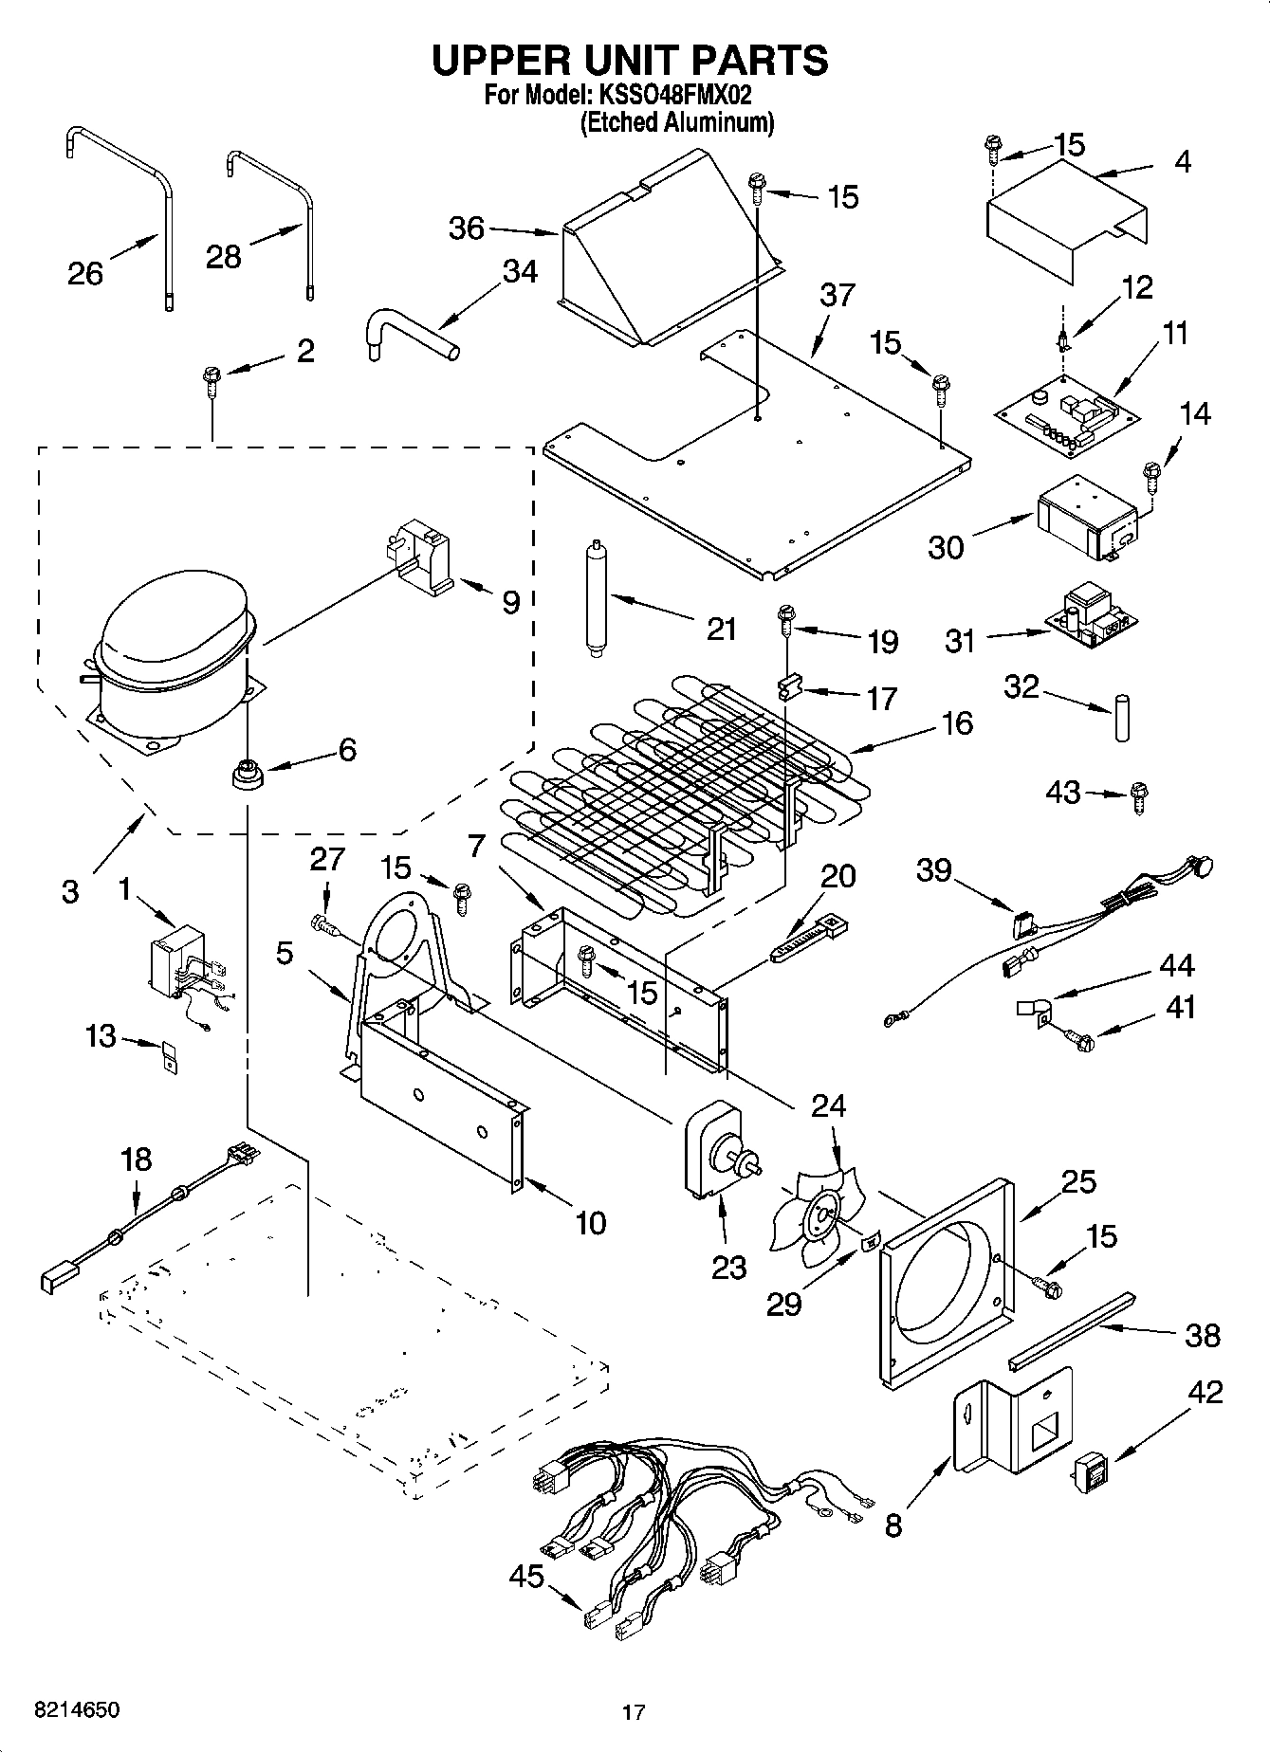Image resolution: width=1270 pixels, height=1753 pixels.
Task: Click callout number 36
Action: click(466, 228)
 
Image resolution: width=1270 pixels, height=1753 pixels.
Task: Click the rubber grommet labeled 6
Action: click(248, 774)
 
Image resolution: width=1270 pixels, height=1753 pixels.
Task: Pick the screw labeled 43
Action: click(1139, 796)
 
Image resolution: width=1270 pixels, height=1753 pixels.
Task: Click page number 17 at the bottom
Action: click(634, 1712)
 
